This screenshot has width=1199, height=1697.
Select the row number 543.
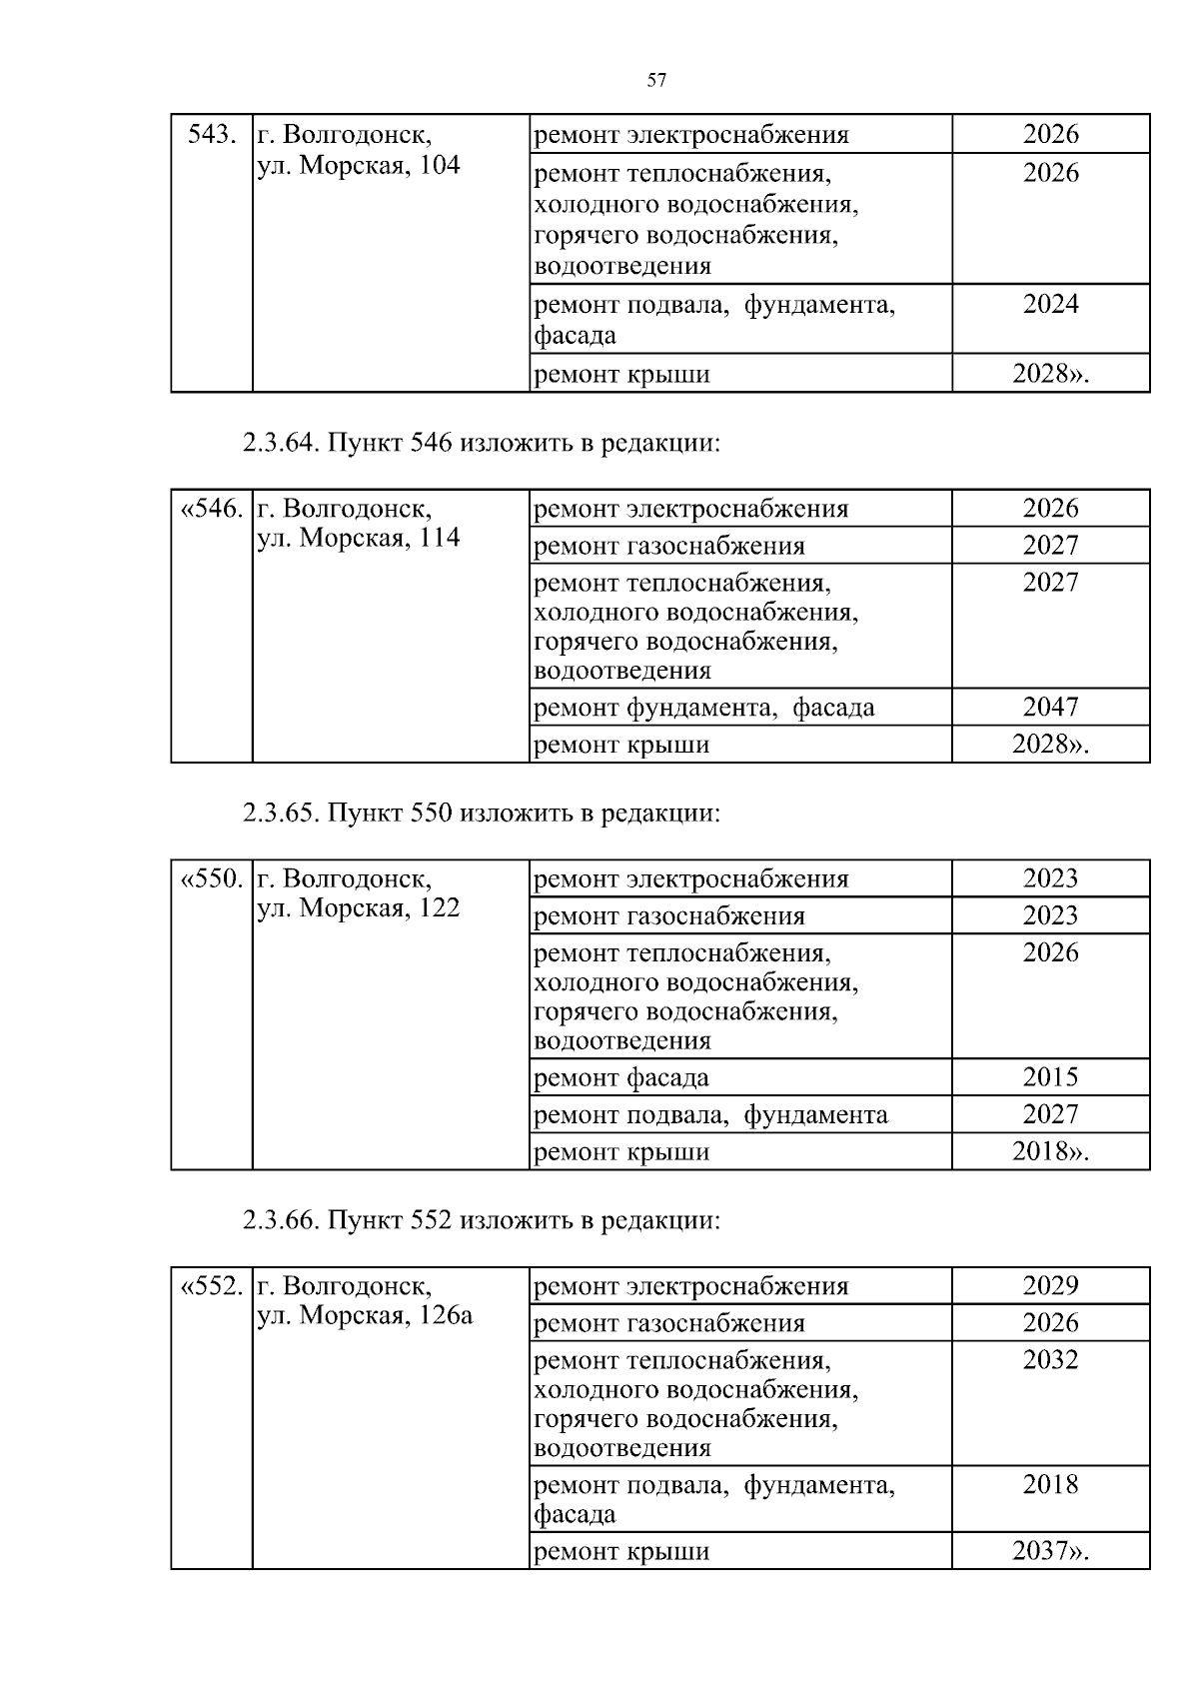pos(212,134)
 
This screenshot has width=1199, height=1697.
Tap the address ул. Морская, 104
pos(359,165)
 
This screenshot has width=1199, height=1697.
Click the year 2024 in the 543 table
pos(1050,304)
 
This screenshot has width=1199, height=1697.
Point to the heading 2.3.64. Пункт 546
pos(481,443)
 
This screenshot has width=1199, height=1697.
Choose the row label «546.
pos(212,509)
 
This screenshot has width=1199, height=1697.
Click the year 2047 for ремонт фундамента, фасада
pos(1050,708)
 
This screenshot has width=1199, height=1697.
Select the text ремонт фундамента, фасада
pos(704,708)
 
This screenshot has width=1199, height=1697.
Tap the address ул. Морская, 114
pos(359,539)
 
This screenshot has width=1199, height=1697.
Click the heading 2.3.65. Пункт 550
pos(481,813)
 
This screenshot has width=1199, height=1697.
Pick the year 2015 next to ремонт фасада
pos(1050,1077)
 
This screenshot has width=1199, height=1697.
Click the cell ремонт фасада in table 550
pos(621,1078)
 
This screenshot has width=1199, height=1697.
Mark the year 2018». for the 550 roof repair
pos(1050,1151)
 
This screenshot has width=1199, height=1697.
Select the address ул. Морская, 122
pos(359,908)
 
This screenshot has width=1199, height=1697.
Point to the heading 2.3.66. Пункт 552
pos(481,1220)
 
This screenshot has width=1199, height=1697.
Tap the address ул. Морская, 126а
pos(365,1316)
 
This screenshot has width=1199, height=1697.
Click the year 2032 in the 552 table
pos(1050,1360)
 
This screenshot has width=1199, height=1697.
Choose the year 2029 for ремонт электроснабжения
pos(1050,1286)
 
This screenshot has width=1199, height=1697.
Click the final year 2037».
pos(1050,1551)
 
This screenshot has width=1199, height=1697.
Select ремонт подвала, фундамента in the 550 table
pos(710,1114)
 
